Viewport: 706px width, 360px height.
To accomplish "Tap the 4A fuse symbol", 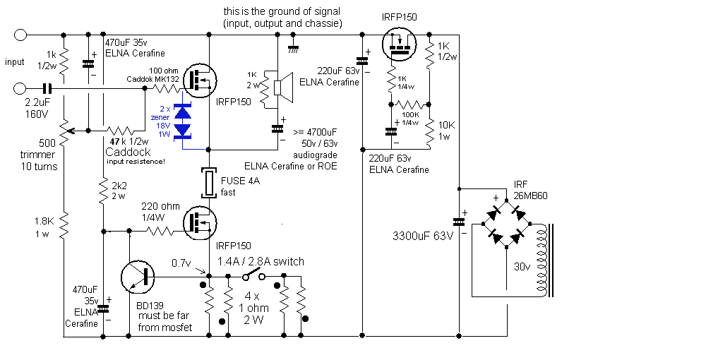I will pyautogui.click(x=209, y=183).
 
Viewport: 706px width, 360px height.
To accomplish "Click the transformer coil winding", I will pyautogui.click(x=543, y=261).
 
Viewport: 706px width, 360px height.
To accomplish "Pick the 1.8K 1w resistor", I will pyautogui.click(x=64, y=227).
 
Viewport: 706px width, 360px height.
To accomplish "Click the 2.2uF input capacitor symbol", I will pyautogui.click(x=47, y=89).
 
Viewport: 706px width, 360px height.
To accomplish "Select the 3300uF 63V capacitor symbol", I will pyautogui.click(x=458, y=222).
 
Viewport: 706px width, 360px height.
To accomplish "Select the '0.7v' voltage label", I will pyautogui.click(x=181, y=262).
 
